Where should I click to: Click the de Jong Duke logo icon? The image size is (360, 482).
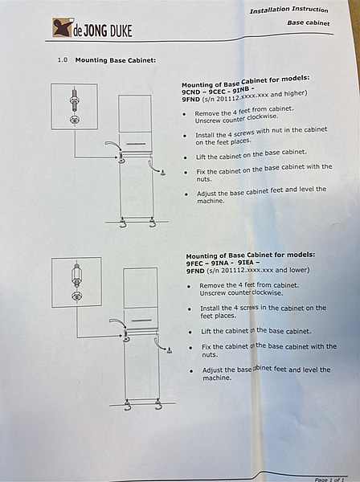[63, 27]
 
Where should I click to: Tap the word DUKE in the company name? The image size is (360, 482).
[121, 31]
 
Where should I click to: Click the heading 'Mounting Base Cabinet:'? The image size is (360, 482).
[115, 60]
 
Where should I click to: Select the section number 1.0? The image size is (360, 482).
[63, 59]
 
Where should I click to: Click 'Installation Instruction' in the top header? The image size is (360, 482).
[288, 10]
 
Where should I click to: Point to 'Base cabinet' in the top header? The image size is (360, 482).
[309, 22]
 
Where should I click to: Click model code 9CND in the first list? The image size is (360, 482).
[190, 92]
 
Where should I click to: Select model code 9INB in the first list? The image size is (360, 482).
[241, 89]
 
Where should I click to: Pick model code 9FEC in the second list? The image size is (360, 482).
[194, 263]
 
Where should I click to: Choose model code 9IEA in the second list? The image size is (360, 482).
[246, 263]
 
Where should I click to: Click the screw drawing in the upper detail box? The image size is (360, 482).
[75, 107]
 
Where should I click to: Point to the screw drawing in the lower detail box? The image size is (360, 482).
[76, 282]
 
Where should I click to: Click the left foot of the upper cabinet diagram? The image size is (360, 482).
[123, 223]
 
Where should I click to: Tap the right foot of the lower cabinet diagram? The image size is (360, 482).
[158, 404]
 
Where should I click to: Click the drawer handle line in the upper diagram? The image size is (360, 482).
[136, 144]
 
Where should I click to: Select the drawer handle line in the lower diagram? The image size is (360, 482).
[141, 321]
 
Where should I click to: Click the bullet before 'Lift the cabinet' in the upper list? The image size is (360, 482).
[186, 157]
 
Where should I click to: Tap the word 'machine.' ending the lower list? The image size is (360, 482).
[216, 378]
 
